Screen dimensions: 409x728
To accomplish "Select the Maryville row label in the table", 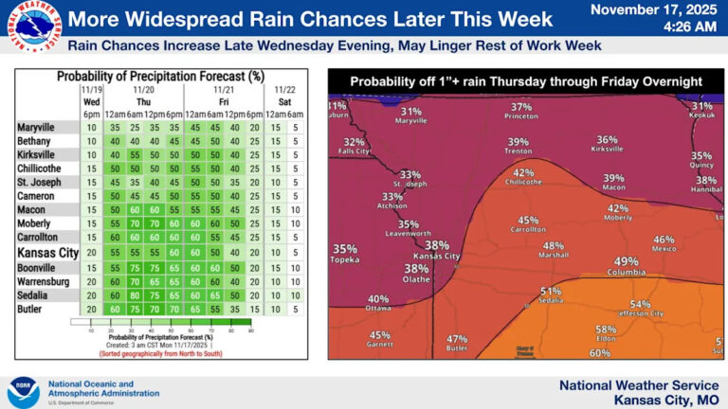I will tap(38, 127).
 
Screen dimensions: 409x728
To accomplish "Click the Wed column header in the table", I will tap(92, 100).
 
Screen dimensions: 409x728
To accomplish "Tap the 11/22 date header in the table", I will tap(284, 88).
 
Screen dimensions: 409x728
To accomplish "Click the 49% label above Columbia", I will tap(626, 261).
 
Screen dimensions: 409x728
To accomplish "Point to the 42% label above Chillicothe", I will tap(524, 173).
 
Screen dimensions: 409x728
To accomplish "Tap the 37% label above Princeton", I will tap(521, 107).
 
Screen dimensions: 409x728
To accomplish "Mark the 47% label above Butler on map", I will tap(457, 339).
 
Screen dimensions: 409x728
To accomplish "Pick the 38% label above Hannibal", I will tap(705, 180).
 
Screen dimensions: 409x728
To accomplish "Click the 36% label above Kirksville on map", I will tap(607, 139).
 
